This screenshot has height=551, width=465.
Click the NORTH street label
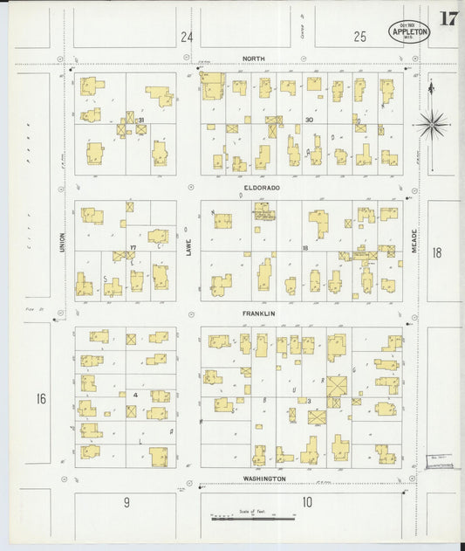pyautogui.click(x=253, y=59)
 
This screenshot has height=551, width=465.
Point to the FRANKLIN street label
pyautogui.click(x=258, y=313)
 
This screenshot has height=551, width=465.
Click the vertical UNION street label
pyautogui.click(x=62, y=242)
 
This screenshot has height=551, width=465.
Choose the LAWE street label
pyautogui.click(x=188, y=248)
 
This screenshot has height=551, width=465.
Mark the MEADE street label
pyautogui.click(x=414, y=242)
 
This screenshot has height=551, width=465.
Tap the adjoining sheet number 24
pyautogui.click(x=185, y=37)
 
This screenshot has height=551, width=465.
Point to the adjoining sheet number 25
pyautogui.click(x=360, y=37)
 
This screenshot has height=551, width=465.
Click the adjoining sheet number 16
pyautogui.click(x=41, y=399)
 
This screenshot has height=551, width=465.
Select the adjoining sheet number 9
pyautogui.click(x=127, y=502)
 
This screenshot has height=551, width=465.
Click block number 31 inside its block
pyautogui.click(x=140, y=121)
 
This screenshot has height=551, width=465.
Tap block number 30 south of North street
pyautogui.click(x=309, y=120)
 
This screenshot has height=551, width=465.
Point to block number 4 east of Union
pyautogui.click(x=134, y=395)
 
